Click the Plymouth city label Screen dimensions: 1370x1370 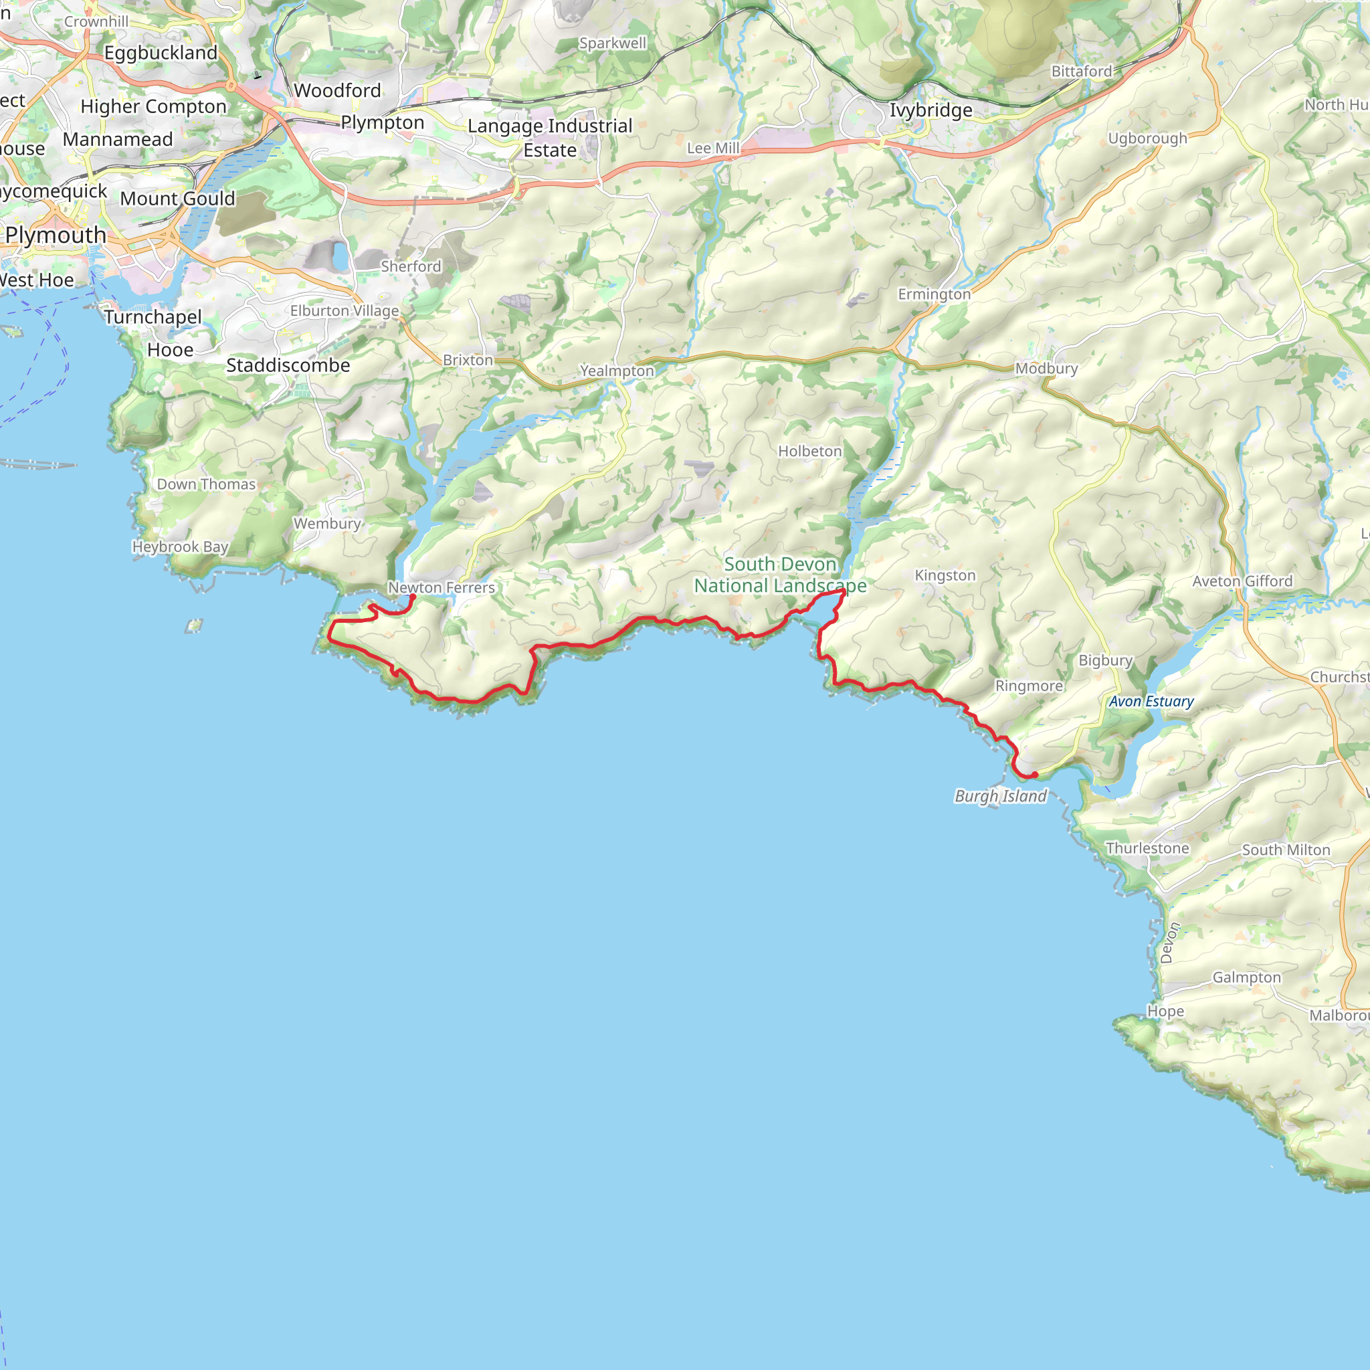[x=56, y=235]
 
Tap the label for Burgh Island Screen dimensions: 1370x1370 [x=1000, y=795]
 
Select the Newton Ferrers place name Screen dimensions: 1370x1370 [x=441, y=587]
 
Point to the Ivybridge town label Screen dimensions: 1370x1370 [x=931, y=110]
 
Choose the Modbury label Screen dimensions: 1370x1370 [x=1046, y=368]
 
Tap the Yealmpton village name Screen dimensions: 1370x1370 [x=616, y=370]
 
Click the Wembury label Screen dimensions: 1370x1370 [x=327, y=523]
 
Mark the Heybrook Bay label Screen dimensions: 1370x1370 [x=180, y=547]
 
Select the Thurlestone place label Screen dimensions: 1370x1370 [x=1147, y=848]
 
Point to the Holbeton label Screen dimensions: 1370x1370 [x=809, y=451]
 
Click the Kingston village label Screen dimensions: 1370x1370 [x=945, y=575]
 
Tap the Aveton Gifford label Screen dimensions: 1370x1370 [x=1242, y=581]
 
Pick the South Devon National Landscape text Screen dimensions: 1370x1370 [x=780, y=575]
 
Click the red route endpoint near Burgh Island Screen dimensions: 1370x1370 [x=1035, y=775]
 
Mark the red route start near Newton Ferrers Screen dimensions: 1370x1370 [x=413, y=596]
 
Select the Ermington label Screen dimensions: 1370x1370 [x=934, y=294]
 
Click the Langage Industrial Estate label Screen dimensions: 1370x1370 [x=550, y=138]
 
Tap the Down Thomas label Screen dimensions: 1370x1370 [x=205, y=484]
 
